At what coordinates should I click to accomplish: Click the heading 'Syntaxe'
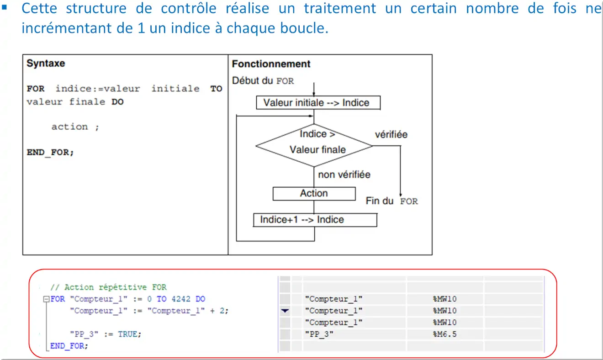46,64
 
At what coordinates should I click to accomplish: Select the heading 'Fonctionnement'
271,64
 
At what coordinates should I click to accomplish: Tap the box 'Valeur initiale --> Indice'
318,103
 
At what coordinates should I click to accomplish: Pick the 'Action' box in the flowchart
314,193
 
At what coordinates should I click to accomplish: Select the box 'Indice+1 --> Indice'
315,220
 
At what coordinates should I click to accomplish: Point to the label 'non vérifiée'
344,175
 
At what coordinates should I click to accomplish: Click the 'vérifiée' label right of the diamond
391,135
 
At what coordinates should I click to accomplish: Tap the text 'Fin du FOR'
391,201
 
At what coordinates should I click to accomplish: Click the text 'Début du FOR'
263,81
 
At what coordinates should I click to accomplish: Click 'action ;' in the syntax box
75,127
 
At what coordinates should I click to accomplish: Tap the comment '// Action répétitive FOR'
108,287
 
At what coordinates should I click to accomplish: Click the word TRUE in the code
129,334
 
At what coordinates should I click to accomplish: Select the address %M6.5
444,334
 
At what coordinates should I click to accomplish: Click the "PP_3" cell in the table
319,334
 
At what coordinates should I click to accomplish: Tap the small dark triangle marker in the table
285,311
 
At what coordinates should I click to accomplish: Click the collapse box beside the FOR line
46,299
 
